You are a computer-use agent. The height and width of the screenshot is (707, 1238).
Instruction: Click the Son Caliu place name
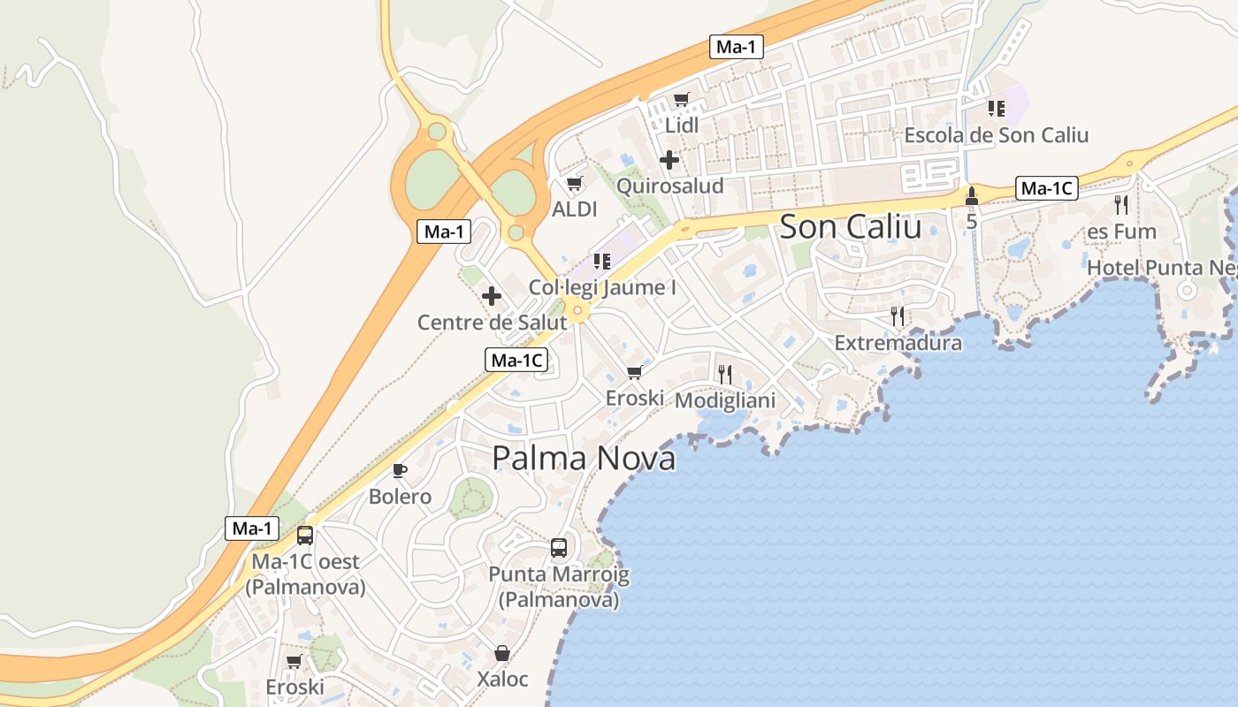click(850, 227)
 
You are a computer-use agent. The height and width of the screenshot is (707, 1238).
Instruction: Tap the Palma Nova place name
click(584, 458)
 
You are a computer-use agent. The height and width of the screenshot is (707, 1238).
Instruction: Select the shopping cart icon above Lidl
click(681, 100)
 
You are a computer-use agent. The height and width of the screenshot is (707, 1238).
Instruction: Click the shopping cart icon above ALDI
click(574, 184)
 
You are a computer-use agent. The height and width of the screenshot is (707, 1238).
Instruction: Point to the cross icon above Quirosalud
click(669, 160)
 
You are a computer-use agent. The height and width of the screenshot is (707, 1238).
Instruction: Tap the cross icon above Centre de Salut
click(492, 296)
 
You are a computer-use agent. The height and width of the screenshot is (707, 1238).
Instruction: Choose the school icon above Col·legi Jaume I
click(602, 261)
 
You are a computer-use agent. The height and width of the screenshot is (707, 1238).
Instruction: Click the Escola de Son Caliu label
click(996, 135)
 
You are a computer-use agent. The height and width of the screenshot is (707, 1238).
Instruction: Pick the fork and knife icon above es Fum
click(1121, 205)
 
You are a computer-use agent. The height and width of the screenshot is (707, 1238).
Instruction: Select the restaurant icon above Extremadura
click(898, 316)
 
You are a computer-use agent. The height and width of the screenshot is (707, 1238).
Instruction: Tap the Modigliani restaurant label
click(725, 400)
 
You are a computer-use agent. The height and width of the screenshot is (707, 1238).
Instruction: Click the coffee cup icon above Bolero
click(400, 469)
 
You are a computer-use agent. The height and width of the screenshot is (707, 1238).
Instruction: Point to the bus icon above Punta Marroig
click(559, 547)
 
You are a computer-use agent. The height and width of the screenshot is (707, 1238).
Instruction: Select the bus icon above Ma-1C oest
click(305, 535)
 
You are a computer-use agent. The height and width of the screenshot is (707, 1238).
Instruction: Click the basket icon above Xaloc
click(502, 653)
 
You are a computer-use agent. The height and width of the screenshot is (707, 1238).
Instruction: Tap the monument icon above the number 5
click(971, 194)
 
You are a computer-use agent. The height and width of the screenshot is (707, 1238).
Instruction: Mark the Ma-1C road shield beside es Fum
click(1046, 188)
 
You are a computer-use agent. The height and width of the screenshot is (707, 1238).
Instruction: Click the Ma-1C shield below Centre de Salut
click(516, 360)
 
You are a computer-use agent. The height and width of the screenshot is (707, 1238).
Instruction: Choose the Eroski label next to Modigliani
click(634, 399)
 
